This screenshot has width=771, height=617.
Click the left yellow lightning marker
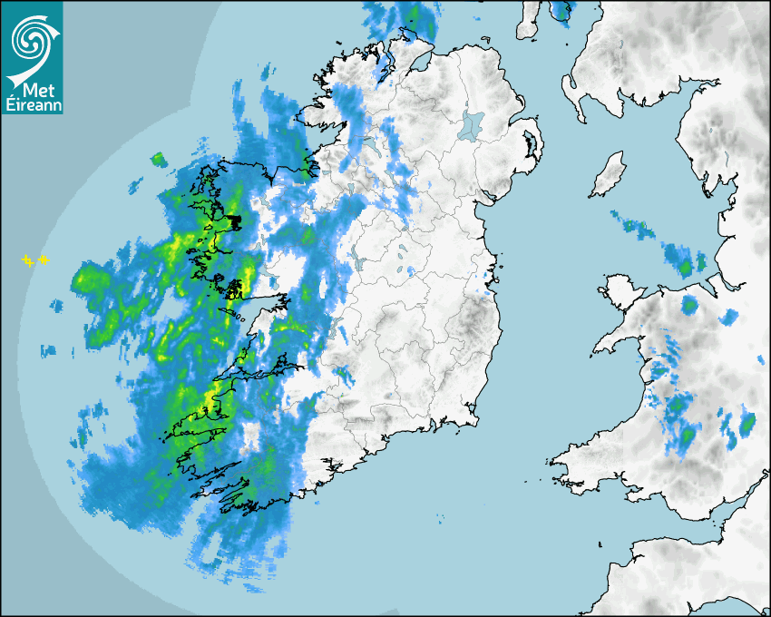pos(28,261)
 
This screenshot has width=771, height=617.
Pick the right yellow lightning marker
pos(43,260)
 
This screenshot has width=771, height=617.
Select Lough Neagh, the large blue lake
pos(472,125)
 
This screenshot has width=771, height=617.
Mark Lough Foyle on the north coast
pos(420,61)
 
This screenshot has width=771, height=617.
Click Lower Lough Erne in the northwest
pos(370,145)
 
